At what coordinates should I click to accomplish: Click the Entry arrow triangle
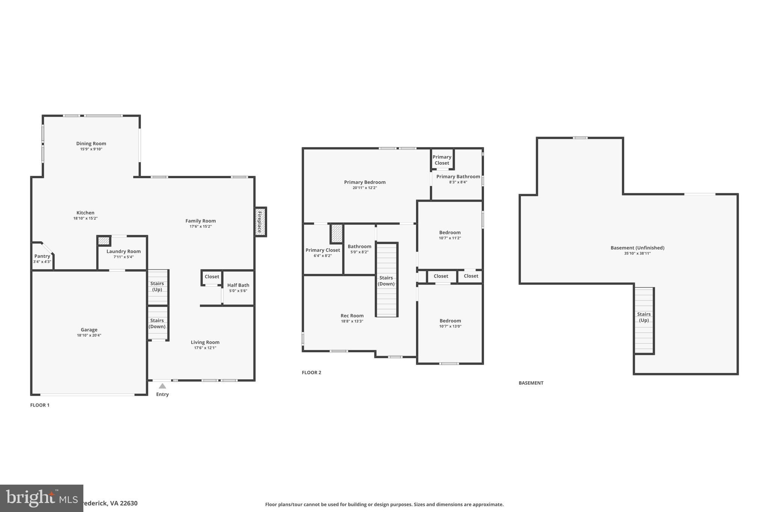tap(162, 386)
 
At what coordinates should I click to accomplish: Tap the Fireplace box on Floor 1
tap(260, 222)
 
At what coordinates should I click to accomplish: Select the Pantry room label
tap(42, 256)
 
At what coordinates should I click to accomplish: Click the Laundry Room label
tap(124, 251)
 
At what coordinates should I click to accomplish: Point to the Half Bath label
tap(238, 285)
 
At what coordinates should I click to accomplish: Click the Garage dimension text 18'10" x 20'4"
tap(89, 335)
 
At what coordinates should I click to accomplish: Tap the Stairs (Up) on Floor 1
tap(157, 287)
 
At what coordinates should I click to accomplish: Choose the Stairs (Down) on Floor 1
tap(157, 323)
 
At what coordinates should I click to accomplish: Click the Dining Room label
tap(91, 143)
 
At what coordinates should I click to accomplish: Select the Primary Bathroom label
tap(458, 176)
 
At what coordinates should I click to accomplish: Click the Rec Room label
tap(352, 315)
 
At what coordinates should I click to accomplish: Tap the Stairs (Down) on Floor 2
tap(386, 281)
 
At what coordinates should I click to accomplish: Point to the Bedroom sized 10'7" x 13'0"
tap(450, 321)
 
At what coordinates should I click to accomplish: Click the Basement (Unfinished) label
tap(637, 248)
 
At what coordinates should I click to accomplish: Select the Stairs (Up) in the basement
tap(644, 317)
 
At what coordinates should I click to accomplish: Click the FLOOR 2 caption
tap(311, 372)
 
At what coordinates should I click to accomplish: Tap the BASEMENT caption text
tap(531, 383)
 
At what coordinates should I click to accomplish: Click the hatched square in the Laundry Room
tap(104, 241)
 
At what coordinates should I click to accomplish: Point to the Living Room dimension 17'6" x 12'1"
tap(205, 348)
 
